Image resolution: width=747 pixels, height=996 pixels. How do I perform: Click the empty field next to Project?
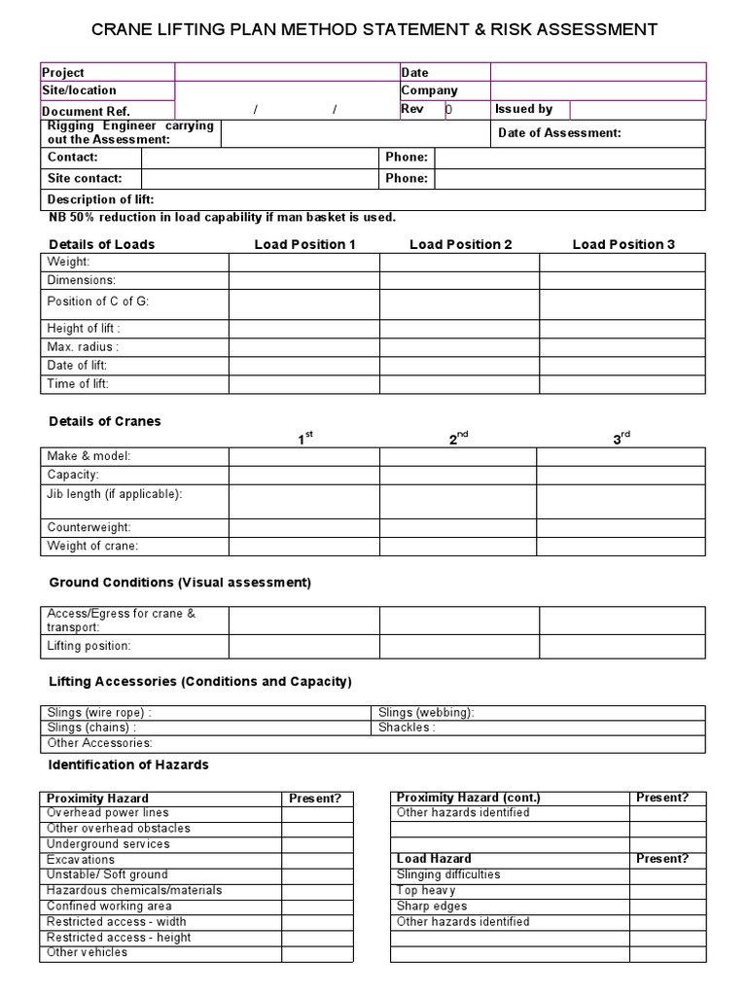pos(287,72)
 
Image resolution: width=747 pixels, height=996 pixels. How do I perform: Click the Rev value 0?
pos(449,110)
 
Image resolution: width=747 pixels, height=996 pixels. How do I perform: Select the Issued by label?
pos(523,109)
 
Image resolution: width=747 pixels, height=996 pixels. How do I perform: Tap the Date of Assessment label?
pos(559,133)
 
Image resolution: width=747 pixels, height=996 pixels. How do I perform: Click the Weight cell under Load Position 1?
pos(303,263)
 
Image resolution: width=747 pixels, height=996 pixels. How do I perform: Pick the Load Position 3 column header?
pos(623,244)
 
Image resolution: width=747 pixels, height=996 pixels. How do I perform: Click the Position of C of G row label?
pos(98,302)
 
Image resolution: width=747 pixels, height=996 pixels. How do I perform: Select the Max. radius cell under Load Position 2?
pos(459,347)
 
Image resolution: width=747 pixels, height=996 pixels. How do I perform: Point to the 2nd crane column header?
pos(458,440)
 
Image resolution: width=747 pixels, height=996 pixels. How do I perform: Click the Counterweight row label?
pos(87,527)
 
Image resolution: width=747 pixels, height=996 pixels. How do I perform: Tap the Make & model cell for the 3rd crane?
pos(621,456)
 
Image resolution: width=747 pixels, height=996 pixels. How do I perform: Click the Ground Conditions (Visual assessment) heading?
pos(180,583)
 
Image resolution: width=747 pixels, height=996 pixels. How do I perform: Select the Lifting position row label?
pos(89,646)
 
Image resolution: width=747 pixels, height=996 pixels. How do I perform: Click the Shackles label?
pos(407,728)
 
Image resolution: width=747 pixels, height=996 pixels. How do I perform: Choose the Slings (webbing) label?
pos(426,712)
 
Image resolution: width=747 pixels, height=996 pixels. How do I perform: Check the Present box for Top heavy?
pos(667,891)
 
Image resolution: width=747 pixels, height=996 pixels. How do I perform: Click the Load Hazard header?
pos(434,859)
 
